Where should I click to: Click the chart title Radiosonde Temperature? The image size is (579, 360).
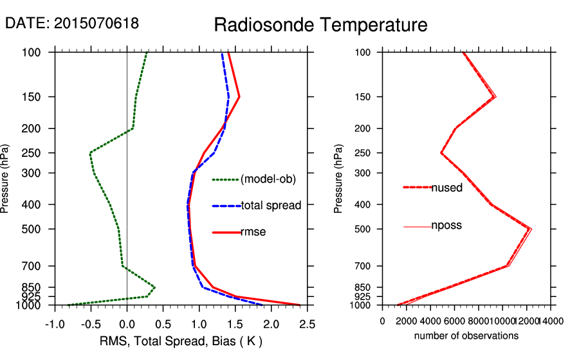[x=320, y=25]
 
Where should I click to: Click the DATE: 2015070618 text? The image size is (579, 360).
[x=72, y=24]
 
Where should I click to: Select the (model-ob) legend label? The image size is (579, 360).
[x=268, y=179]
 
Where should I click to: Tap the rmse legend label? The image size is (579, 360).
[x=253, y=232]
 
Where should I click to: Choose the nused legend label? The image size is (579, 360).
[x=446, y=187]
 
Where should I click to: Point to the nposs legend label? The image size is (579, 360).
[x=446, y=226]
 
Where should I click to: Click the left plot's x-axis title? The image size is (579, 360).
[x=181, y=341]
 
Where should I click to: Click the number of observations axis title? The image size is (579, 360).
[x=466, y=336]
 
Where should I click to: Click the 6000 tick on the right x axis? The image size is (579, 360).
[x=455, y=321]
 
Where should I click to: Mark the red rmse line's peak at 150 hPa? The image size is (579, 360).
[x=239, y=97]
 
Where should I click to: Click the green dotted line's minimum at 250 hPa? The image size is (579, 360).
[x=90, y=153]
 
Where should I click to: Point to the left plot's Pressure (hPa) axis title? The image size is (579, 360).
[x=6, y=178]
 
